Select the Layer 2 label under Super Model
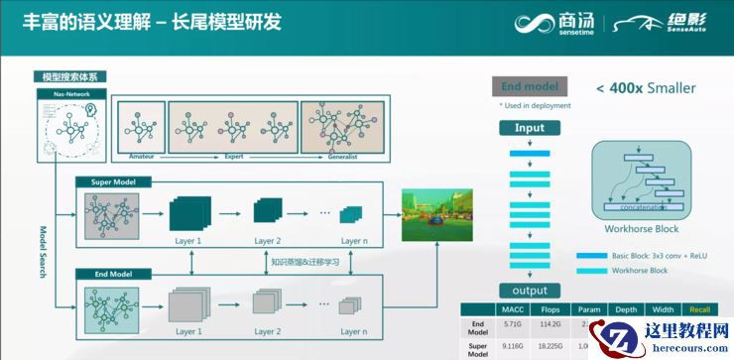265,241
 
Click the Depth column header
626,310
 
